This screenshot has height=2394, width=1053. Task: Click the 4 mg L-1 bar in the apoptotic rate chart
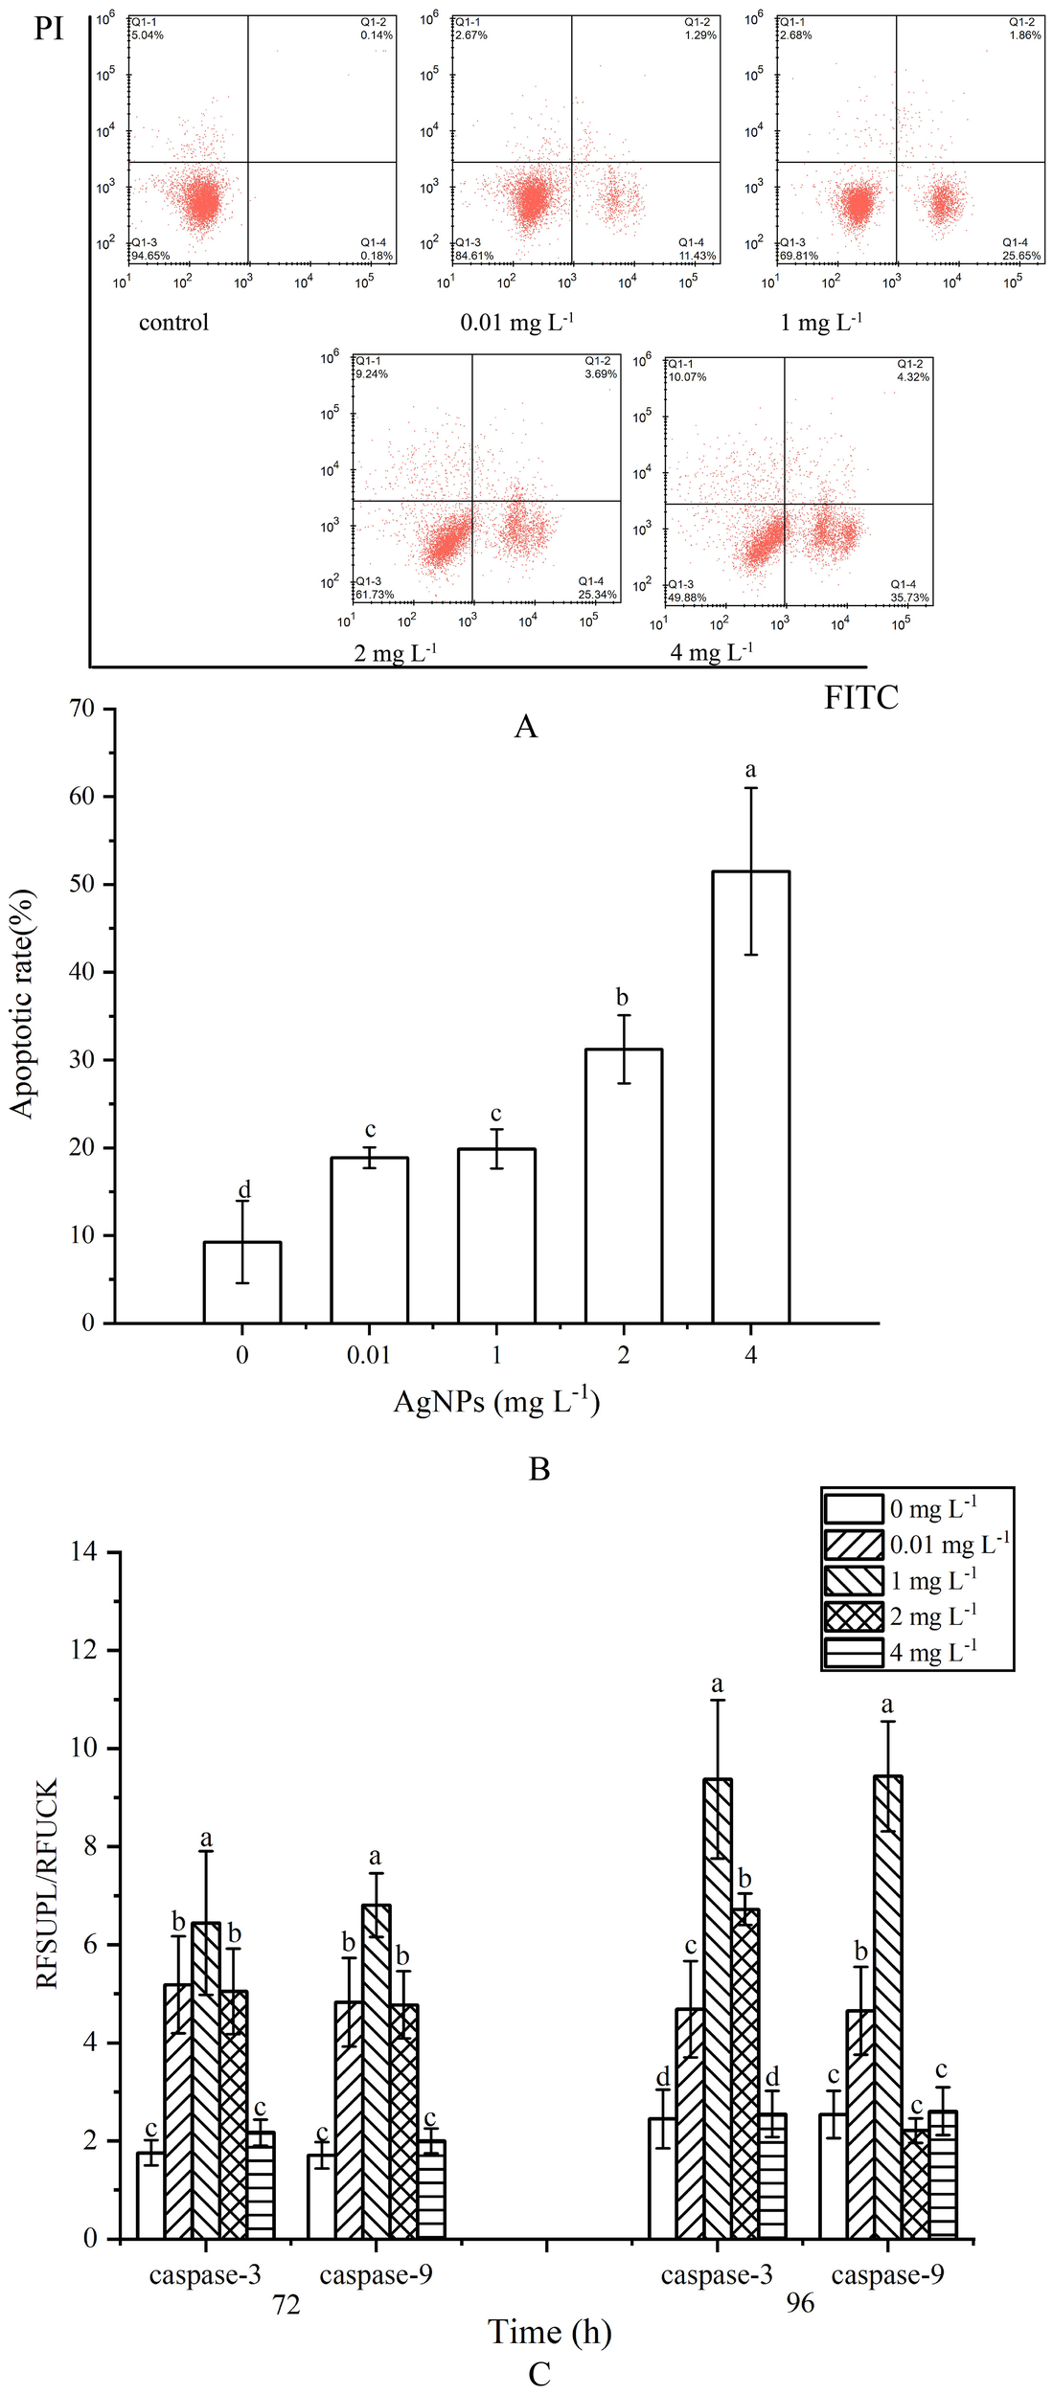(x=750, y=1096)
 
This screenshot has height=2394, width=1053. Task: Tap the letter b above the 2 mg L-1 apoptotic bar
(x=623, y=998)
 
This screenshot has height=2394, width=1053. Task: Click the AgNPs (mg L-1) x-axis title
(x=496, y=1402)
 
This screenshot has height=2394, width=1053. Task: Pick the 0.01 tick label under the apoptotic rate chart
(x=369, y=1355)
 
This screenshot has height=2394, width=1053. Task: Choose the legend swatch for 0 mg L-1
(x=853, y=1508)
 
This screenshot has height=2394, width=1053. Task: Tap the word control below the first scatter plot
(x=173, y=323)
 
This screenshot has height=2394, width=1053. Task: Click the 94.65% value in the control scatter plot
(x=150, y=256)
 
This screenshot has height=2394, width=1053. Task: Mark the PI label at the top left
(x=49, y=29)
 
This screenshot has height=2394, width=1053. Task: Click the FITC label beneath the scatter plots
(x=860, y=698)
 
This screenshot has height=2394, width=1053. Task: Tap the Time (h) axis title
(x=549, y=2332)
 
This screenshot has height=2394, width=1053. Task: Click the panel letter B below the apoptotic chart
(x=539, y=1469)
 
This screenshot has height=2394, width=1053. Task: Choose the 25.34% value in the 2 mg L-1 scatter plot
(x=597, y=595)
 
